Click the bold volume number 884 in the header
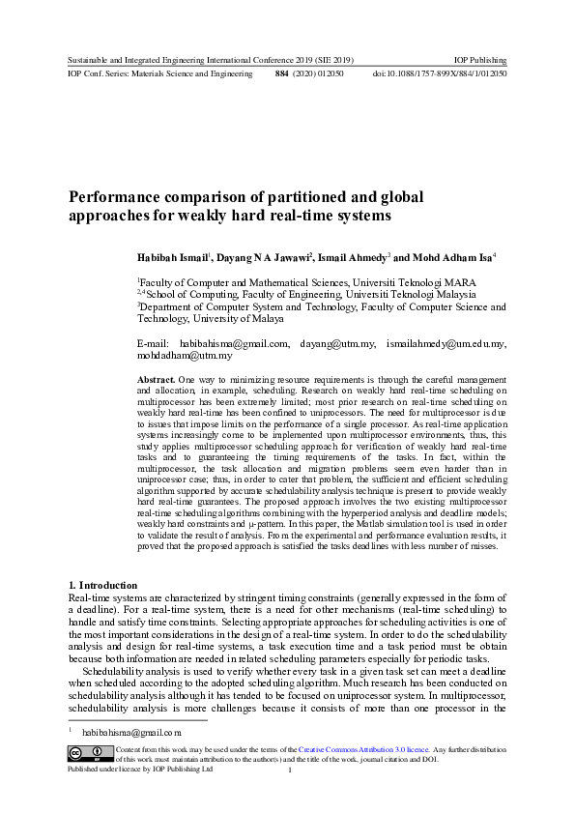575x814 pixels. (x=281, y=73)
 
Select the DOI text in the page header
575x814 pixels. (x=440, y=73)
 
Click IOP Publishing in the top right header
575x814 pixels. (x=480, y=60)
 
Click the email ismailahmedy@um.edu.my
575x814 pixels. (x=446, y=343)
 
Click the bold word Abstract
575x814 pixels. (x=157, y=382)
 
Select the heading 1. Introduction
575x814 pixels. (x=102, y=586)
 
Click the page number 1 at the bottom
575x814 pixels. (x=289, y=770)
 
